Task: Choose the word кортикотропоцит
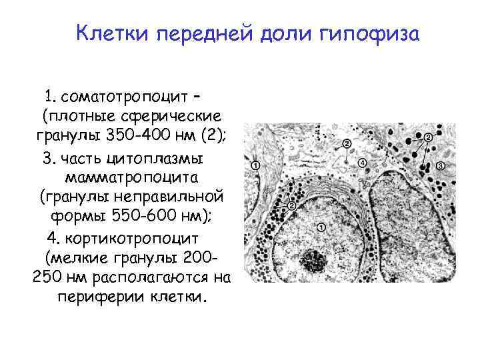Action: [x=139, y=238]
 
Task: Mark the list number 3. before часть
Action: [x=49, y=158]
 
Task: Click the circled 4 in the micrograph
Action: [x=362, y=163]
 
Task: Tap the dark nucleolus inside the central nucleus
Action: [x=313, y=260]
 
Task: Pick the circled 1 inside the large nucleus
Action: [x=321, y=227]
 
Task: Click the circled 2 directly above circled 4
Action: [x=347, y=143]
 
